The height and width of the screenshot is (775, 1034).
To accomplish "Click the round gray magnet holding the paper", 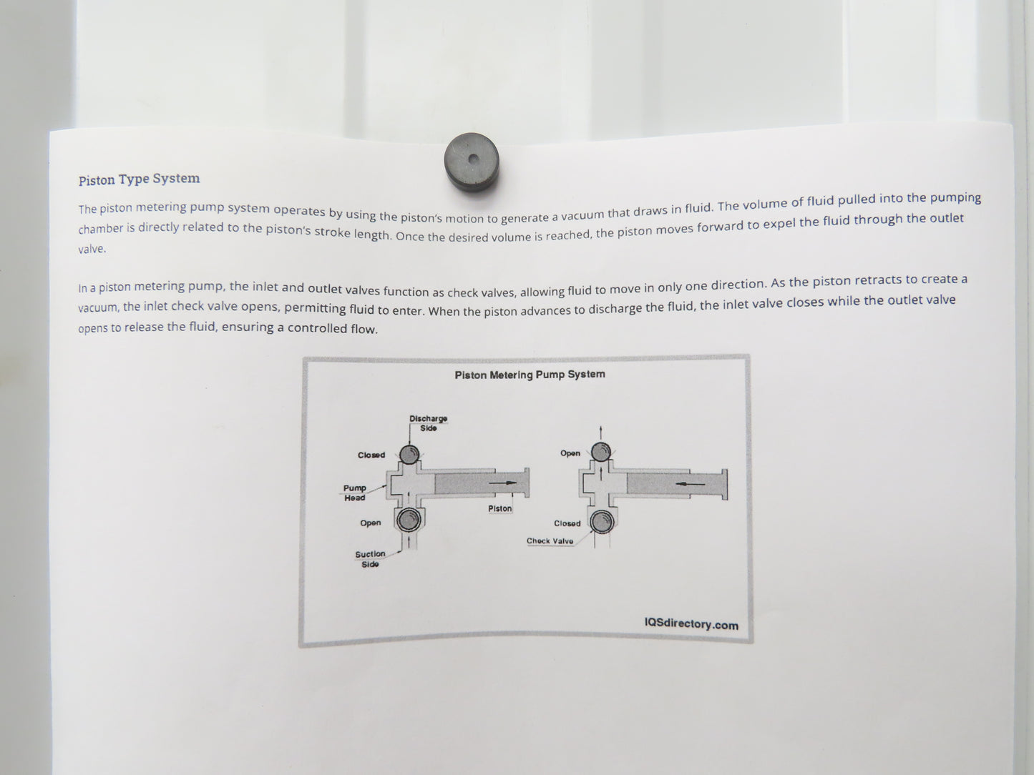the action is [472, 162].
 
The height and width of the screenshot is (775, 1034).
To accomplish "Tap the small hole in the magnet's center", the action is [474, 159].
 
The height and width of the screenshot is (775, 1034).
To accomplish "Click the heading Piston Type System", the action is [139, 179].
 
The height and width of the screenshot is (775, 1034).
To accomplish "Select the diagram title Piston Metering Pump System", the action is [530, 375].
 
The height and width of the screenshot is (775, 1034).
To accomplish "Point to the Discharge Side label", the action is [428, 423].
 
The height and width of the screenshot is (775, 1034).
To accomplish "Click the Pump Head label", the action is [354, 493].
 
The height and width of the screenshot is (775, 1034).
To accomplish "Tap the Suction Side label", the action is [370, 559].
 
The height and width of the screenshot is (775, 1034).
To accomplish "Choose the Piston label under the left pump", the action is [499, 508].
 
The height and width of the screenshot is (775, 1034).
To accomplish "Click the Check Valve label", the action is [550, 540].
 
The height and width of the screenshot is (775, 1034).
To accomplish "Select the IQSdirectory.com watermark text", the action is [691, 624].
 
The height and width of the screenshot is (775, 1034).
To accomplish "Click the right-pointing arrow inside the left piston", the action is [502, 483].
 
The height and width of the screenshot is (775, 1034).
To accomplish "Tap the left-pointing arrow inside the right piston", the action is [690, 484].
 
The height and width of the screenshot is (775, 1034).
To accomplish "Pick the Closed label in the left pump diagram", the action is [371, 455].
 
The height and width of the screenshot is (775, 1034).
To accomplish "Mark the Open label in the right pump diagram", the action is [570, 453].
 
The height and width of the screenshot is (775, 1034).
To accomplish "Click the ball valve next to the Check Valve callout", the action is [602, 522].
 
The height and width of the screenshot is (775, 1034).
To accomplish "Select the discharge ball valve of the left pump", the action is [409, 454].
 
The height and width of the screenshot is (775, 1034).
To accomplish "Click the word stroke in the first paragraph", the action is [332, 232].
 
